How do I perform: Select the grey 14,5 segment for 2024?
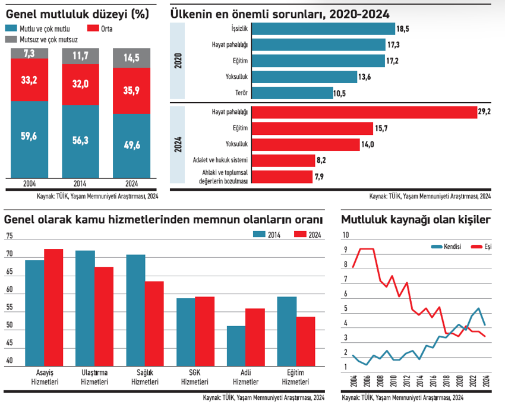tap(131, 58)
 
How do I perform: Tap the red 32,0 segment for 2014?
tap(80, 84)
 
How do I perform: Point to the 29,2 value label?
tap(485, 111)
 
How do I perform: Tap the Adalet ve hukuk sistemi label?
tap(219, 160)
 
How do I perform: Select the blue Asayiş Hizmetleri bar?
tap(34, 311)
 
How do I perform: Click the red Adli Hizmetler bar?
tap(255, 336)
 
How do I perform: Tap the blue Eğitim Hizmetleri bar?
tap(287, 330)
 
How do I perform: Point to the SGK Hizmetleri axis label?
tap(194, 377)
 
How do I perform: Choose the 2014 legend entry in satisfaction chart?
tap(270, 235)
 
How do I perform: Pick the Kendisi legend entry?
tap(445, 246)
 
